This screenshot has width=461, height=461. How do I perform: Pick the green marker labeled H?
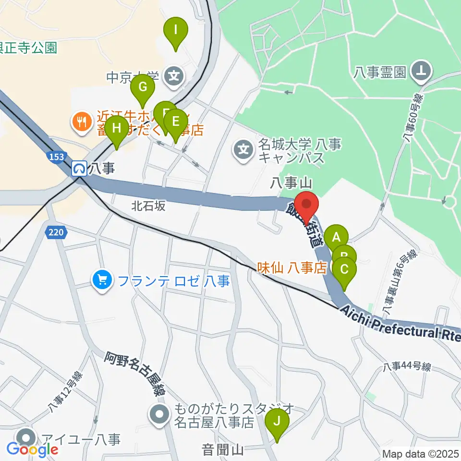(116, 130)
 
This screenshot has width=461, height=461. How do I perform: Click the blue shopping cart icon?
(102, 280)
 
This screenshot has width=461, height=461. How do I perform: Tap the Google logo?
(33, 449)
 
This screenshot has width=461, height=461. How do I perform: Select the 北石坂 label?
(148, 206)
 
